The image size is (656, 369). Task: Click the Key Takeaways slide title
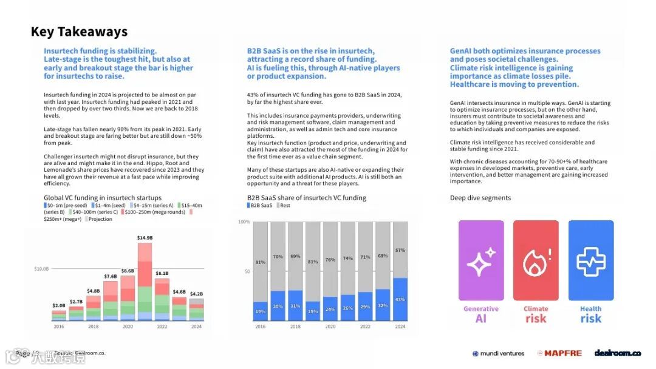79,32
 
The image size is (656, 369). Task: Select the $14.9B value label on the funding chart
145,237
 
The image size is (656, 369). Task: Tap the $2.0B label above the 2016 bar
58,305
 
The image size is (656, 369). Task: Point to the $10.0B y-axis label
41,268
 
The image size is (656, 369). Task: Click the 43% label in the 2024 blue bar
400,299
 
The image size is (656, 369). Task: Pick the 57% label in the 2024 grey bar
400,250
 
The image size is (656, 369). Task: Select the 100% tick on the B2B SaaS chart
244,222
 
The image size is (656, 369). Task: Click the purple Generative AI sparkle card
481,261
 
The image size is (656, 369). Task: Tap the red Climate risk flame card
536,261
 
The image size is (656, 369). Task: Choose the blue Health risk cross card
591,261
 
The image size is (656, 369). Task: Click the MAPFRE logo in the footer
559,353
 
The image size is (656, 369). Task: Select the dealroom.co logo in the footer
617,353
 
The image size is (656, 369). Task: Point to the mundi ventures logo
498,353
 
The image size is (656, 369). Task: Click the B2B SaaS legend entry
259,206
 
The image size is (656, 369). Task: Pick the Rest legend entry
284,206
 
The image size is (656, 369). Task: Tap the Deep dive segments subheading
480,198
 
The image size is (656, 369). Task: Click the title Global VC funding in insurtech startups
103,198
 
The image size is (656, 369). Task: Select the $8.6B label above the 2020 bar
128,271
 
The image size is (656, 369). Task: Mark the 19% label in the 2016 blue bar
260,311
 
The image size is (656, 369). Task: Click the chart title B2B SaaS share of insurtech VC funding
307,198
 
